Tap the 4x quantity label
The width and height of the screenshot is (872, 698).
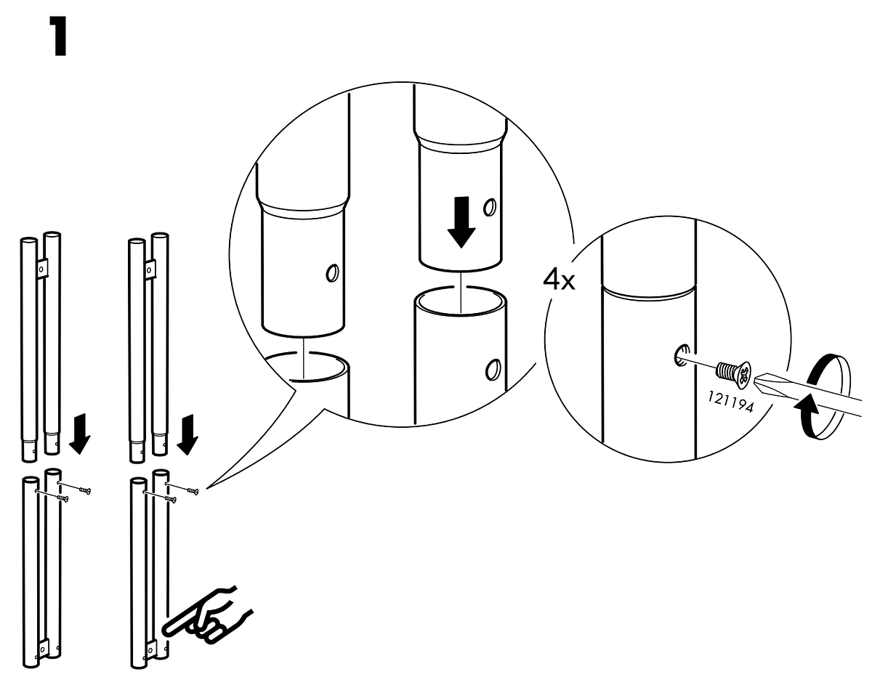click(559, 280)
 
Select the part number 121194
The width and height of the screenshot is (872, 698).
click(730, 401)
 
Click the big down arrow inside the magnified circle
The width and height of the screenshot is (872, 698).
click(461, 222)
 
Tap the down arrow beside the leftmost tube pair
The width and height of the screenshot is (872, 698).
click(79, 434)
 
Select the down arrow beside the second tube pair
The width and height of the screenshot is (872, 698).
click(187, 434)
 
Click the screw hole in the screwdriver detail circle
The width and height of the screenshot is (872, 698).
click(682, 355)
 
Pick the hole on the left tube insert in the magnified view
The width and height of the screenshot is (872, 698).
click(333, 273)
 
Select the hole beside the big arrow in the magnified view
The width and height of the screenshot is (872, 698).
click(490, 208)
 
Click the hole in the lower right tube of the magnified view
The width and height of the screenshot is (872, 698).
click(493, 370)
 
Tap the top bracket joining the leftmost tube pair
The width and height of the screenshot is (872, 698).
click(42, 269)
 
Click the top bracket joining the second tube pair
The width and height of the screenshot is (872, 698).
click(150, 269)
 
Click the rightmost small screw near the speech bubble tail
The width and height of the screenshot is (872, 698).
click(193, 491)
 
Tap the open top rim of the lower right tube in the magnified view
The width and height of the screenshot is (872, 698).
click(460, 302)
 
